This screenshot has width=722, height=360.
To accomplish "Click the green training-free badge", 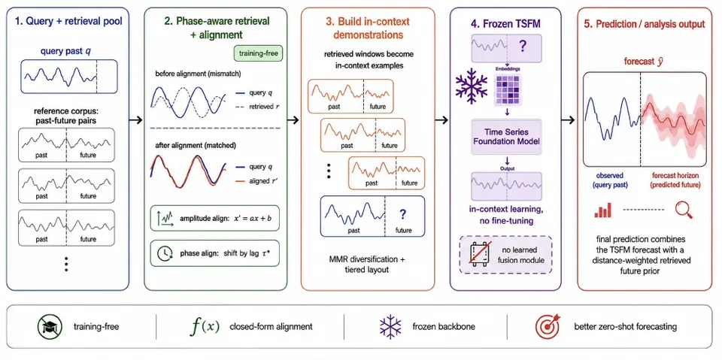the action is coord(258,53).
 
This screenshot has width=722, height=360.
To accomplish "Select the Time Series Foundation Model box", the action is coord(506,137).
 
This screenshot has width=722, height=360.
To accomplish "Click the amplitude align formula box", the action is coord(215,218).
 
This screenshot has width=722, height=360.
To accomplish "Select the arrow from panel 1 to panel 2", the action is coord(136,119).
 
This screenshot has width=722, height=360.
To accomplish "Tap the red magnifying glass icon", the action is coord(684,210).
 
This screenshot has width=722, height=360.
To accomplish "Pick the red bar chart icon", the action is coord(603,210).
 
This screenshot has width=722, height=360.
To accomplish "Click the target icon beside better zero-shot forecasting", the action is coord(547,326).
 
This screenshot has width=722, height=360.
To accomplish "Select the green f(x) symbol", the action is coord(205,326).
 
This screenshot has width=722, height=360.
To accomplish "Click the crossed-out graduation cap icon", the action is coord(48,326).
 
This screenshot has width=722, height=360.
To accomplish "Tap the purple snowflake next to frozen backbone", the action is coord(390,326).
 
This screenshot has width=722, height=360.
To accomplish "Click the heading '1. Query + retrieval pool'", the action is coord(68,22).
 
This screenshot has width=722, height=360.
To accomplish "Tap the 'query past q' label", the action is coord(68,52).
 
